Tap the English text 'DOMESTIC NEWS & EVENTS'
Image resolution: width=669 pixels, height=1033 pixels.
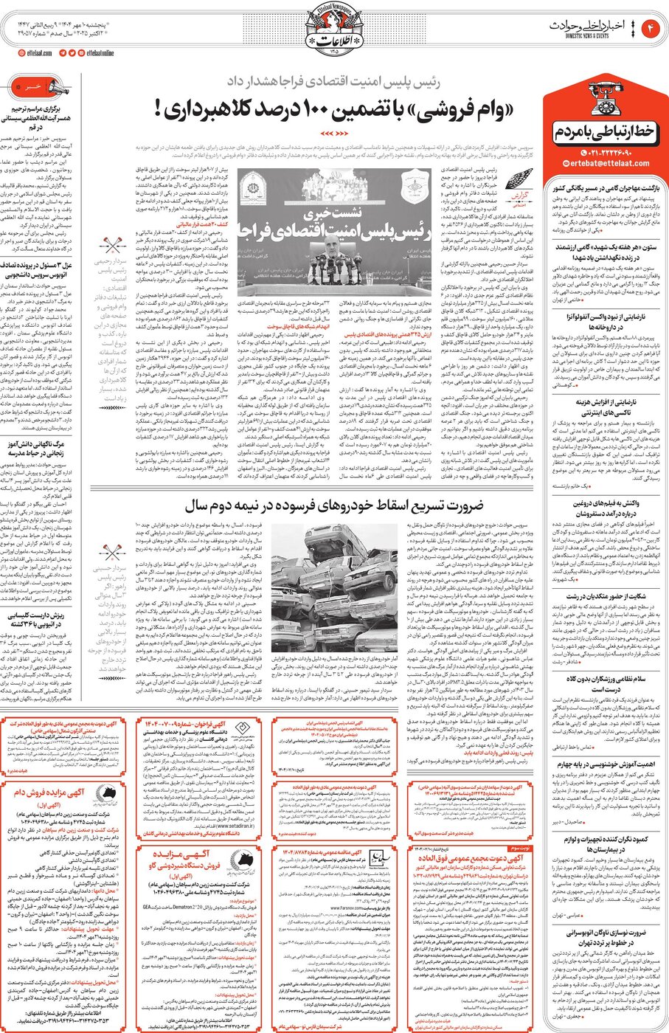click(x=580, y=35)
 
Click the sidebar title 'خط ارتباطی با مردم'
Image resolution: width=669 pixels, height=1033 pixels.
click(x=603, y=133)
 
